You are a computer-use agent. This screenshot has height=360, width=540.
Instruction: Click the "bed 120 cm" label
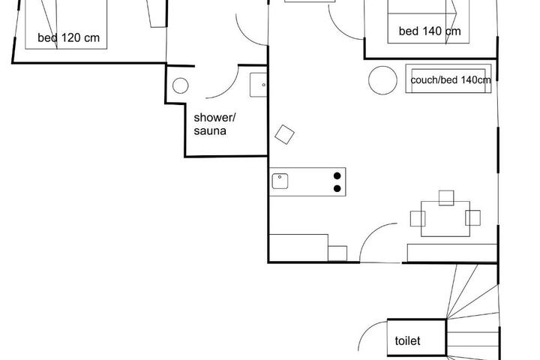pyautogui.click(x=68, y=37)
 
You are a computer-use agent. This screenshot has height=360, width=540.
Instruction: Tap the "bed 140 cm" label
pyautogui.click(x=430, y=31)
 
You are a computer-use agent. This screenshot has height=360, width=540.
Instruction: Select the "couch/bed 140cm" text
pyautogui.click(x=451, y=80)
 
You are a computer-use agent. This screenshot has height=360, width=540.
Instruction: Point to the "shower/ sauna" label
pyautogui.click(x=214, y=124)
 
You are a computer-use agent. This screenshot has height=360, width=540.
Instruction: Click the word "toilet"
pyautogui.click(x=407, y=340)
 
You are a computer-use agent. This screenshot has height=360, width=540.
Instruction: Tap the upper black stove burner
pyautogui.click(x=337, y=175)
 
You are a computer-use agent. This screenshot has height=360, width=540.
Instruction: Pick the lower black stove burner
pyautogui.click(x=337, y=188)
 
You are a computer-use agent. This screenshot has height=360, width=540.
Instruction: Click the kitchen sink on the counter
pyautogui.click(x=280, y=181)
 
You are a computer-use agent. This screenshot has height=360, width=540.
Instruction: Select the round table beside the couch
pyautogui.click(x=382, y=80)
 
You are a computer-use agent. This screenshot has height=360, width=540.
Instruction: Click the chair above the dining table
pyautogui.click(x=446, y=198)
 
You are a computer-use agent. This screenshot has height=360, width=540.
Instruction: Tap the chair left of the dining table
pyautogui.click(x=418, y=218)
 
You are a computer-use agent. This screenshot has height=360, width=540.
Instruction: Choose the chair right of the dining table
pyautogui.click(x=472, y=217)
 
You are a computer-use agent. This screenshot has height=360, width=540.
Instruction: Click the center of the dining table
pyautogui.click(x=445, y=219)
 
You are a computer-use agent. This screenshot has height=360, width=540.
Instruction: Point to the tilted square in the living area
pyautogui.click(x=284, y=134)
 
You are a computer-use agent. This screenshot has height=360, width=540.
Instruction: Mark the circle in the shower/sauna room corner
pyautogui.click(x=181, y=85)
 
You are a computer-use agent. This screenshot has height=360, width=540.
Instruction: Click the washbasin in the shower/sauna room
pyautogui.click(x=258, y=85)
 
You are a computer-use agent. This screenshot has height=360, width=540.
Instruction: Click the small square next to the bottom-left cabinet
pyautogui.click(x=337, y=253)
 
